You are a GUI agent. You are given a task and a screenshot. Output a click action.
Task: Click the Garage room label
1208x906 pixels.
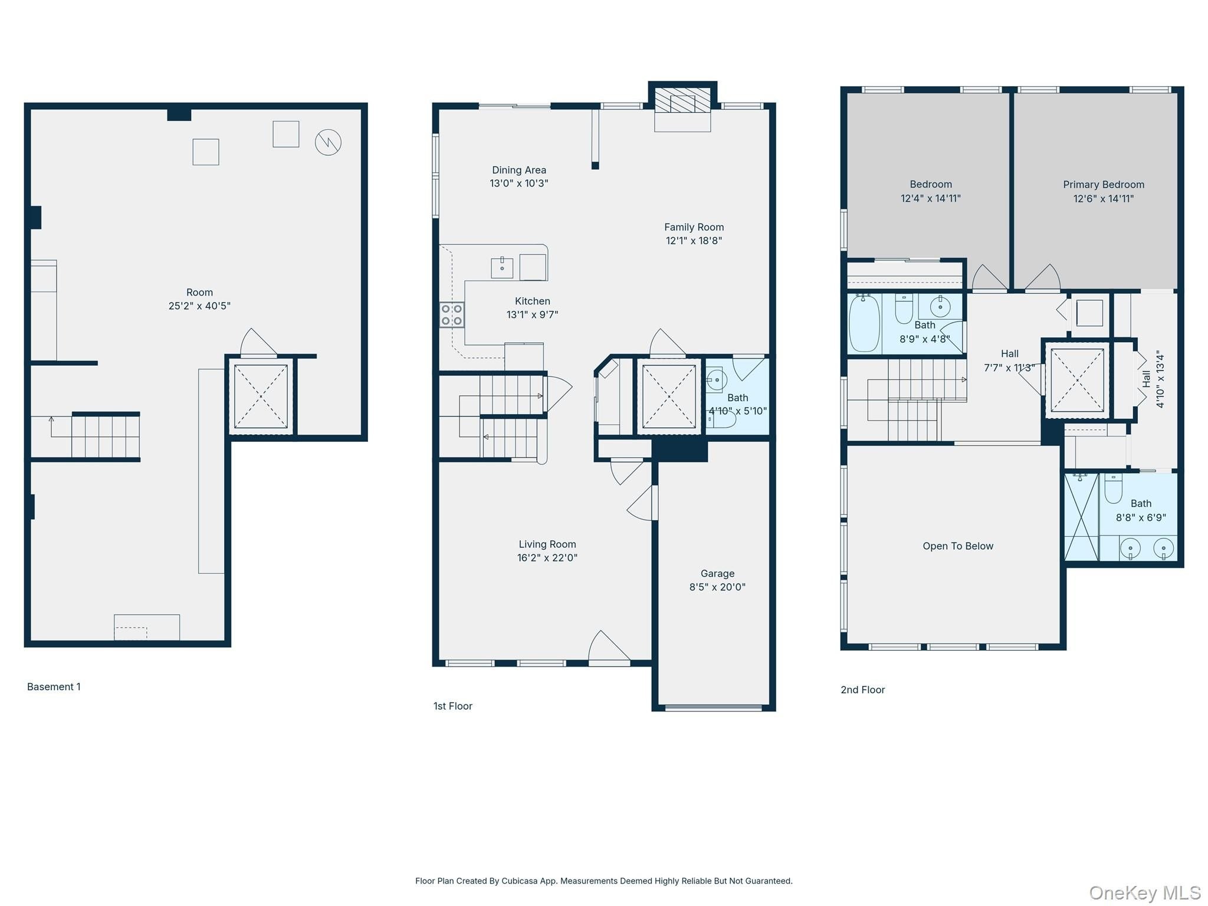[717, 573]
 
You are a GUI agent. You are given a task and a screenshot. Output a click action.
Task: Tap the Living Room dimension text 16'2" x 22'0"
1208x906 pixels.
[547, 558]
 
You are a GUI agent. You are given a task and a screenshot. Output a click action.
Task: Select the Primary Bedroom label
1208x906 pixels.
[1104, 185]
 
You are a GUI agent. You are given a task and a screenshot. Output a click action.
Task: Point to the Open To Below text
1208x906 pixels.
[958, 546]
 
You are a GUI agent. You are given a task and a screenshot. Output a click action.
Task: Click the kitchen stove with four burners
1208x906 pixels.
[452, 315]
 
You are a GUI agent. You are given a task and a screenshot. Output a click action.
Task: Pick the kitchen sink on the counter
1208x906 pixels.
[502, 268]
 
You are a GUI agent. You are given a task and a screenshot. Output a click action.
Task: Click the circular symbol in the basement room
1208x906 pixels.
[328, 143]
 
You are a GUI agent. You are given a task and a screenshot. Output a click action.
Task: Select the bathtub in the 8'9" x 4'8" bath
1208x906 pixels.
[865, 323]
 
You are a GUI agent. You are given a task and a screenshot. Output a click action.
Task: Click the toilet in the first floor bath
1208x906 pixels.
[722, 419]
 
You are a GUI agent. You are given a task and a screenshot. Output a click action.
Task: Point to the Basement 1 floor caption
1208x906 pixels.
[54, 687]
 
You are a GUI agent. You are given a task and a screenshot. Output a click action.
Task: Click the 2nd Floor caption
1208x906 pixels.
[863, 690]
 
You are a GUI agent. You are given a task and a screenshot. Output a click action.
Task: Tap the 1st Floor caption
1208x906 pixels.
[453, 706]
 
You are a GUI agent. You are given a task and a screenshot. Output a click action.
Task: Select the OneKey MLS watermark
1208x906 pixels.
[1145, 893]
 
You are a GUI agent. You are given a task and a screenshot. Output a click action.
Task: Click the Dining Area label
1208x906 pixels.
[519, 170]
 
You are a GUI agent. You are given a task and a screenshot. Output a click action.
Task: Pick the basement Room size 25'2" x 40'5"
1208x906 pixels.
[199, 306]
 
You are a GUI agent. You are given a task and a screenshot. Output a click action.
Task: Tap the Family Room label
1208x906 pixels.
[694, 227]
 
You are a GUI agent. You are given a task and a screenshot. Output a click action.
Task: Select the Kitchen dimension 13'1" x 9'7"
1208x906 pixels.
[533, 315]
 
